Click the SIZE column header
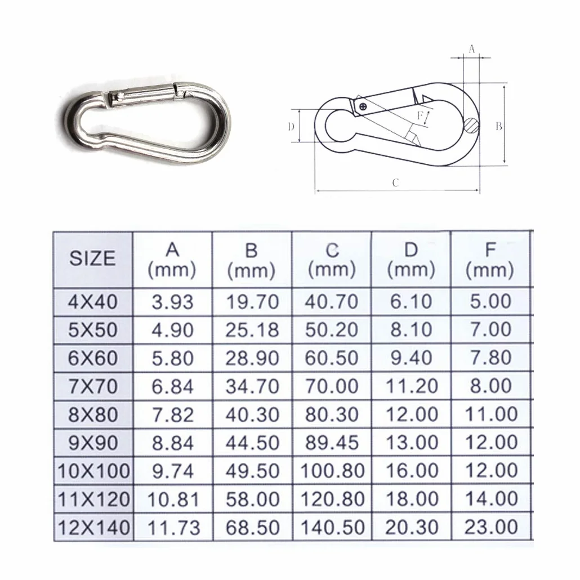(92, 258)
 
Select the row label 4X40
(92, 302)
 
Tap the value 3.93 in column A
(172, 302)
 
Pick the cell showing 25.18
(252, 330)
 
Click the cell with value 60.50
(332, 358)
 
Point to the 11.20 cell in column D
(411, 386)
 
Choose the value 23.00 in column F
(491, 527)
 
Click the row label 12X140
(94, 528)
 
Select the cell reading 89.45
(332, 443)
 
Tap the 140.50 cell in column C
(333, 528)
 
